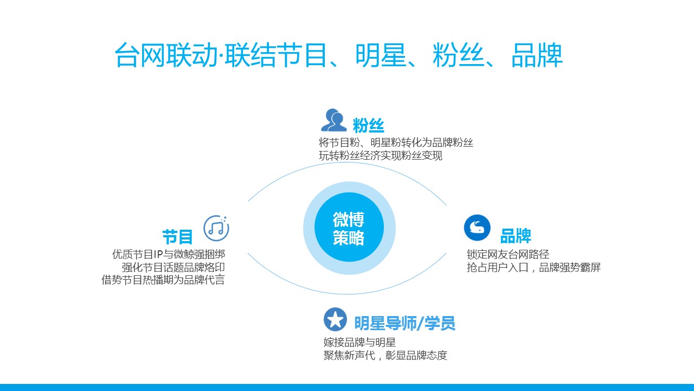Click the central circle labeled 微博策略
point(349,228)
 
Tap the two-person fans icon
point(333,120)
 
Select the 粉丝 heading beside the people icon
point(368,125)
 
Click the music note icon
point(216,228)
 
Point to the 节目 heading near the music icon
point(177,237)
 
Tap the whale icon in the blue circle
point(477,228)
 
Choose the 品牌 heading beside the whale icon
point(516,236)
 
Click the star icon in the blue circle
point(335,320)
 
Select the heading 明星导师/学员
point(404,323)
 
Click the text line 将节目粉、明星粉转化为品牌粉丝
point(396,142)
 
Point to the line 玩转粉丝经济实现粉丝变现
point(381,155)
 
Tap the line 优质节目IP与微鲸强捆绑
point(169,254)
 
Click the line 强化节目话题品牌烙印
point(173,267)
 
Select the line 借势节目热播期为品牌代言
point(163,280)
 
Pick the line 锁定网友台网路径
point(508,255)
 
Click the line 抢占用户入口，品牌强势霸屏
point(534,267)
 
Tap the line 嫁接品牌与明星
point(359,342)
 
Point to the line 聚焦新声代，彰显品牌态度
point(385,355)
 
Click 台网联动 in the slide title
point(166,55)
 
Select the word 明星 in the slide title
point(381,55)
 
